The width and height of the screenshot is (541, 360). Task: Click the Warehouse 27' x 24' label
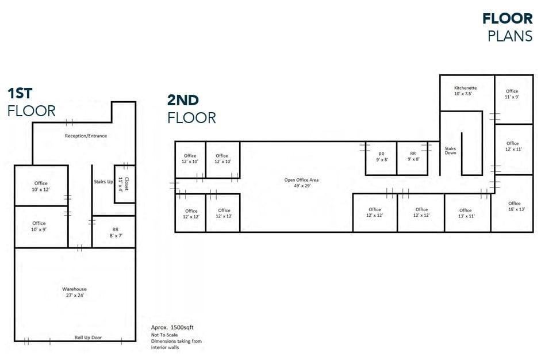tap(74, 292)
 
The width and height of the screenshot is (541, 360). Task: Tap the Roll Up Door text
tap(88, 337)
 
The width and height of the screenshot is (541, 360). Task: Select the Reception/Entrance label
tap(86, 136)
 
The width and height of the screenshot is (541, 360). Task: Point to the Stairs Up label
tap(103, 181)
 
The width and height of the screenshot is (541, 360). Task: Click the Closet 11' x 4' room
tap(124, 183)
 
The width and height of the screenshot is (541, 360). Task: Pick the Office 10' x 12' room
tap(40, 186)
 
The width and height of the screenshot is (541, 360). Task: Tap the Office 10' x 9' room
tap(39, 226)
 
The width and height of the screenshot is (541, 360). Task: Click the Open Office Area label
tap(301, 183)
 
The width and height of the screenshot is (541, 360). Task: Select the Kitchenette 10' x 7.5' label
tap(466, 91)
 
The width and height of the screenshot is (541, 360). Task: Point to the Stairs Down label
tap(450, 150)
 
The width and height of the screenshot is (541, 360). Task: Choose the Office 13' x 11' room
tap(466, 213)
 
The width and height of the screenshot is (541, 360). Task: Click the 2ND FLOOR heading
tap(191, 109)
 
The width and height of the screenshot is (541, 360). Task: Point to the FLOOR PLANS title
tap(508, 27)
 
